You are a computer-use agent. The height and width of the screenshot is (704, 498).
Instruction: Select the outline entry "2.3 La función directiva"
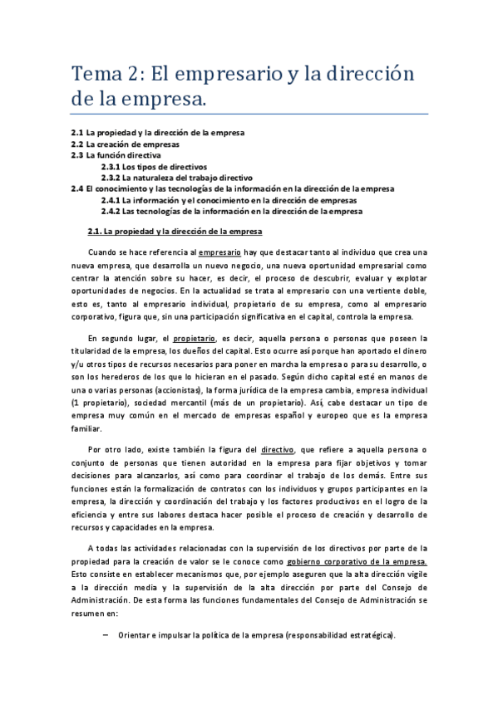(116, 155)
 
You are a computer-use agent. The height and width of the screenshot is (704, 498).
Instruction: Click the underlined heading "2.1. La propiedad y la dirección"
(175, 230)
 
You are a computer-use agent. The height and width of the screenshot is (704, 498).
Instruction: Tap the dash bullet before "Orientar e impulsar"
(105, 635)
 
